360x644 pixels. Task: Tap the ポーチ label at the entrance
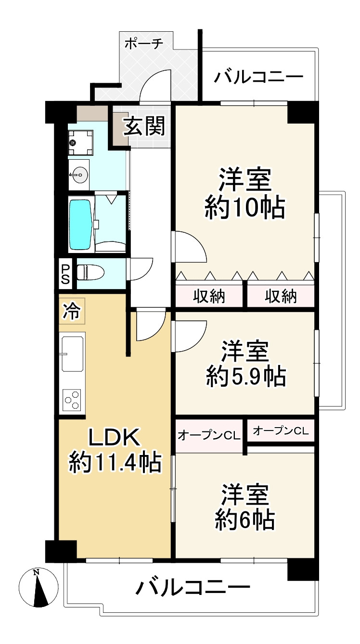(x=144, y=44)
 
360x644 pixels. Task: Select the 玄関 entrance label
(x=144, y=126)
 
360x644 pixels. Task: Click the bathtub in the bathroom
(x=80, y=225)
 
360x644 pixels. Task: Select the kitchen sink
(x=72, y=353)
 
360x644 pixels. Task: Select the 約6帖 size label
(x=245, y=520)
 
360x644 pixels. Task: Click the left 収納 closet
(x=209, y=297)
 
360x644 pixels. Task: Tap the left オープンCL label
(x=208, y=436)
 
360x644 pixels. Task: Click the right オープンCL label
(x=280, y=430)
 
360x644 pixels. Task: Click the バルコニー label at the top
(x=258, y=77)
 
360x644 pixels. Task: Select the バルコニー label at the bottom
(x=193, y=587)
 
